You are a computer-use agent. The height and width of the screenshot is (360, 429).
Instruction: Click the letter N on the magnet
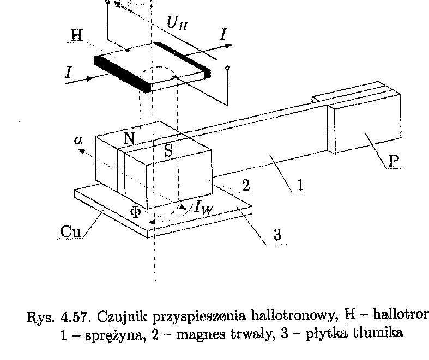[x=129, y=138]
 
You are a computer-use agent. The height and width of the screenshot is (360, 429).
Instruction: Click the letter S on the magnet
[x=168, y=151]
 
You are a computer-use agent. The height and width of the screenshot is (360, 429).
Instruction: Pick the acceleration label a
[x=79, y=140]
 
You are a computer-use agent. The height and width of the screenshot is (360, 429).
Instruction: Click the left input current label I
[x=69, y=71]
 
